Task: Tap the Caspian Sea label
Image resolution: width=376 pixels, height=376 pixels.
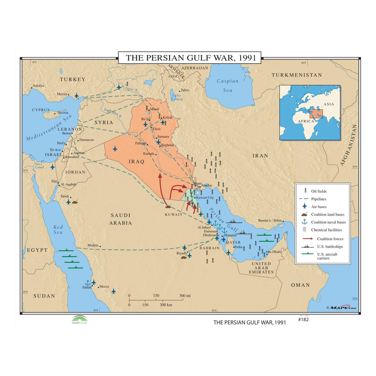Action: coord(228,85)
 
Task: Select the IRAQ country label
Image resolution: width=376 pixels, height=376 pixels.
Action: coord(137,161)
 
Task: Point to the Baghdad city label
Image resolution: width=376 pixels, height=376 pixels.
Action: coord(167,145)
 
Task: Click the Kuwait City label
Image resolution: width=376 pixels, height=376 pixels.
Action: coord(205,197)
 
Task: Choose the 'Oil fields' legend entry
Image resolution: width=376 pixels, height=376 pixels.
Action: coord(319,191)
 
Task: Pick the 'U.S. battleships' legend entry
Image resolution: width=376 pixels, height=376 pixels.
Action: coord(330,247)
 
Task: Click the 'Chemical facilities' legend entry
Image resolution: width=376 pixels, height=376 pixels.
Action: coord(326,230)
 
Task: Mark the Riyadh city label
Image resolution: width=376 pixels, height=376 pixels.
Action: coord(181,253)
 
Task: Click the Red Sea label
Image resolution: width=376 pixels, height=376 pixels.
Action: coord(58,230)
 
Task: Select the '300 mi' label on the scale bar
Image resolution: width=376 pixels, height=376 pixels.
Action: coord(185,295)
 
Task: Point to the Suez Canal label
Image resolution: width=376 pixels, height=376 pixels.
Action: coord(39,166)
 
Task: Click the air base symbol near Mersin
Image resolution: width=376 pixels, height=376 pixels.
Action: coord(77,95)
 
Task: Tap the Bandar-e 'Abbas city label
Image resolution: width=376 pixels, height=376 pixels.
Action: coord(270,221)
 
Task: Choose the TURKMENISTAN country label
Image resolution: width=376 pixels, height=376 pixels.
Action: coord(297,75)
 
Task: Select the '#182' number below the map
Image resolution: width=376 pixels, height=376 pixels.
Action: coord(303,320)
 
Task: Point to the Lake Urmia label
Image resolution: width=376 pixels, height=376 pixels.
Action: coord(177,97)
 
